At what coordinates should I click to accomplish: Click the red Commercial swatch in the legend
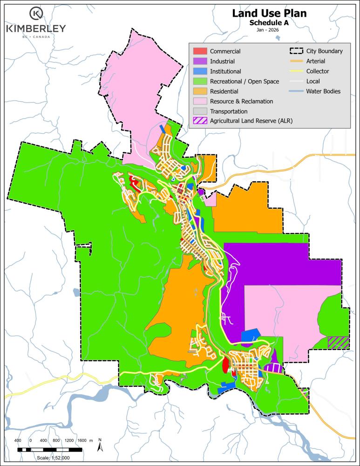pos(199,51)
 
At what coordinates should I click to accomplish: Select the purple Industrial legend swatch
pos(199,62)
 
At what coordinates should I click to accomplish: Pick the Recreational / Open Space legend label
pos(245,82)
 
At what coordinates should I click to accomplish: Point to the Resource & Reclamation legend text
pos(241,102)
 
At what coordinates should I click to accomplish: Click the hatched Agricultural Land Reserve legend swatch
pos(199,122)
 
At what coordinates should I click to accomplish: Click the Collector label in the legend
pos(318,71)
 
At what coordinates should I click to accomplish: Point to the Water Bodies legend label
pos(323,91)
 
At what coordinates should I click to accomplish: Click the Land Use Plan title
pos(269,14)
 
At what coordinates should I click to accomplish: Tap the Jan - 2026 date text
pos(269,30)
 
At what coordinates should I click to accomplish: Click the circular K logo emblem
pos(36,14)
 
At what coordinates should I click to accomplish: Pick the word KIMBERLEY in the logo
pos(36,29)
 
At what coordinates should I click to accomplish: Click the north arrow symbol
pos(100,445)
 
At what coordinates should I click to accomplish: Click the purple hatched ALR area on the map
pos(338,343)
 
